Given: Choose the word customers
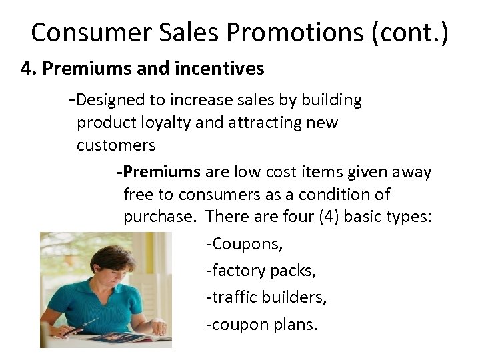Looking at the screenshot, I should coord(116,145).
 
